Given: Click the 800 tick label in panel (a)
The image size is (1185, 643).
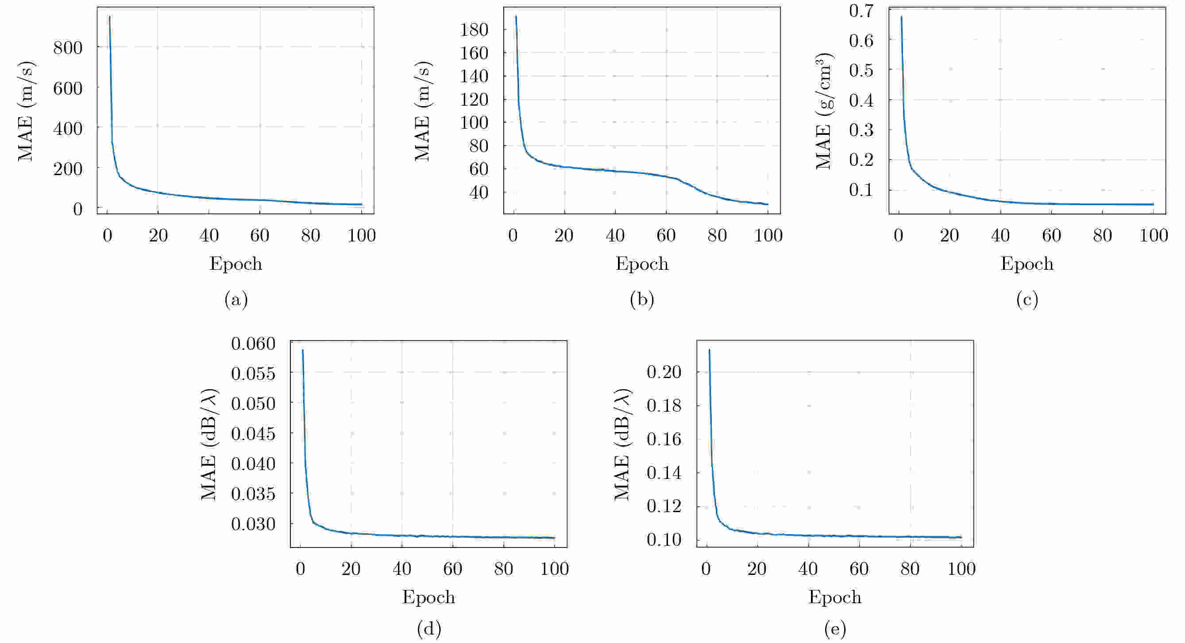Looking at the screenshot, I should [68, 47].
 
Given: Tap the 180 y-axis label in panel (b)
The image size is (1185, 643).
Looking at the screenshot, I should [474, 30].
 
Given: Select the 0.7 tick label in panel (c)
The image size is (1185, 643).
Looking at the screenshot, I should [861, 11].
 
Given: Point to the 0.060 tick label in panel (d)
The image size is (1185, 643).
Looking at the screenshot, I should [253, 343].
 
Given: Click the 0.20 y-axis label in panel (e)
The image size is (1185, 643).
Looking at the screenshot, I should [664, 371].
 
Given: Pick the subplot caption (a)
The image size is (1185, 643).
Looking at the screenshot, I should [236, 300].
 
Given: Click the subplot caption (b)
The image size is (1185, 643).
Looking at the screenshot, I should [642, 300].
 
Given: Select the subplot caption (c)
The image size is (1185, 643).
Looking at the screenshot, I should [1027, 300].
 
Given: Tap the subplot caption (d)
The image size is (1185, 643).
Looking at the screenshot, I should [429, 628].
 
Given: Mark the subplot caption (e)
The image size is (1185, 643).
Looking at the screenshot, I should [835, 628].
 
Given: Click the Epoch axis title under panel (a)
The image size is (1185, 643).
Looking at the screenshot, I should [236, 264].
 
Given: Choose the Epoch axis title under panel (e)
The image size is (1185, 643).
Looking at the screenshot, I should [835, 597].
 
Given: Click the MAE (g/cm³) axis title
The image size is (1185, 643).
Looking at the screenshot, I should [824, 111].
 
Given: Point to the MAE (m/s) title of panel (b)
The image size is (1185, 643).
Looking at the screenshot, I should [422, 111].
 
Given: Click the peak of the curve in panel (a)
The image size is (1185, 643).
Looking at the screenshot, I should [109, 16].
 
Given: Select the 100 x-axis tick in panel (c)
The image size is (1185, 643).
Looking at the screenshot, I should [1153, 236].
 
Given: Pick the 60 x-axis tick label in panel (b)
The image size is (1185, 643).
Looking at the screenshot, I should [666, 236].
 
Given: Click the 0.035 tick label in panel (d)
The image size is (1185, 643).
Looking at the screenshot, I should [253, 494].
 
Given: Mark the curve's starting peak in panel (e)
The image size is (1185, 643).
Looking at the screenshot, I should [709, 350].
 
